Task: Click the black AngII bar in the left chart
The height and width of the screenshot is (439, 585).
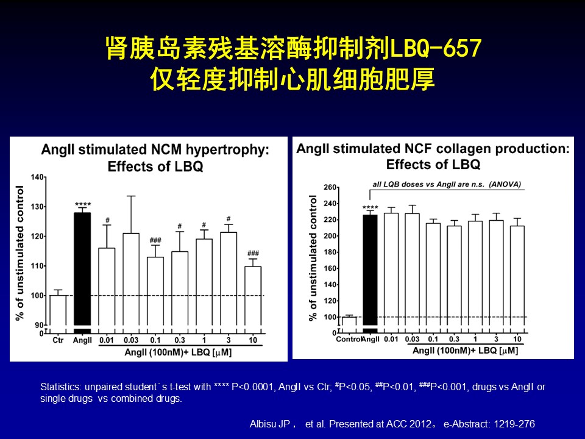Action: tap(82, 268)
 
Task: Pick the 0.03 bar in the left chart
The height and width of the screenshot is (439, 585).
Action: tap(131, 280)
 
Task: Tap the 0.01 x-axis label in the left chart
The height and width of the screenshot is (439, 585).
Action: tap(107, 340)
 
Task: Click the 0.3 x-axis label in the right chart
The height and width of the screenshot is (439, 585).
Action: tap(454, 339)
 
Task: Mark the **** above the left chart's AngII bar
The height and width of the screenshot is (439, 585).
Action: tap(82, 204)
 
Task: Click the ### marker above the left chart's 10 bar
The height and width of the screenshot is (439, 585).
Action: tap(253, 253)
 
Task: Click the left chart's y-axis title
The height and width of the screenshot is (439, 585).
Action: tap(19, 253)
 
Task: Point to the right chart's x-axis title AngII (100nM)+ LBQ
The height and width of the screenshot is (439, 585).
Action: tap(465, 350)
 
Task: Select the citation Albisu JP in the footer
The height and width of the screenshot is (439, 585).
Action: tap(271, 424)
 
